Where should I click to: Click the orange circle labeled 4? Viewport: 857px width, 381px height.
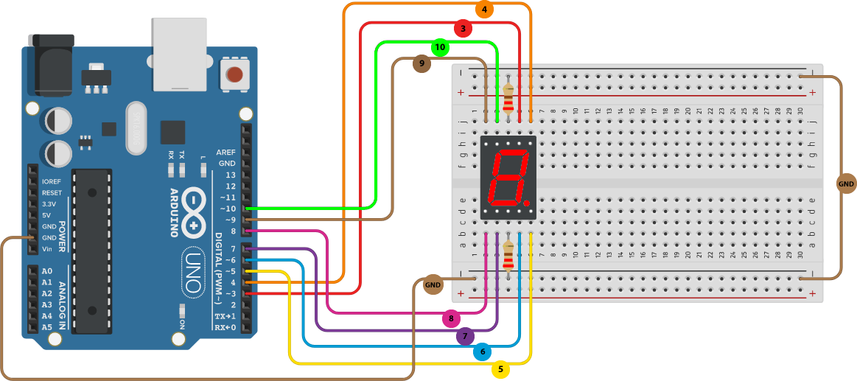coord(484,10)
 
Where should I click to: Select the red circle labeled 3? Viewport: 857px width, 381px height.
coord(462,29)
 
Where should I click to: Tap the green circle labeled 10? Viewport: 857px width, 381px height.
coord(440,47)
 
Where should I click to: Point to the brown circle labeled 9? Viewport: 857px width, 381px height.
coord(421,64)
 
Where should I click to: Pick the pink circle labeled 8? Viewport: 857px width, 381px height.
coord(451,318)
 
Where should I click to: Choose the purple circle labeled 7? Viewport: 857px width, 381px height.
coord(464,337)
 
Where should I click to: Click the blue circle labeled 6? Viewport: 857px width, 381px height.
coord(483,352)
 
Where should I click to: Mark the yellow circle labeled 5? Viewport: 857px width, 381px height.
coord(501,368)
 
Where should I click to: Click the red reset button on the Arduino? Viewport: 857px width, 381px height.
coord(234,74)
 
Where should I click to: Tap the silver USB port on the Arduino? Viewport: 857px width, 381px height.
coord(179,52)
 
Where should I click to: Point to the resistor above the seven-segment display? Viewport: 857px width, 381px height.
coord(508,97)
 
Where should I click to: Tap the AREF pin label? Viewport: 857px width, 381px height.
coord(225,152)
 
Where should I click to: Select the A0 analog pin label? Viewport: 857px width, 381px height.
coord(47,270)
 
